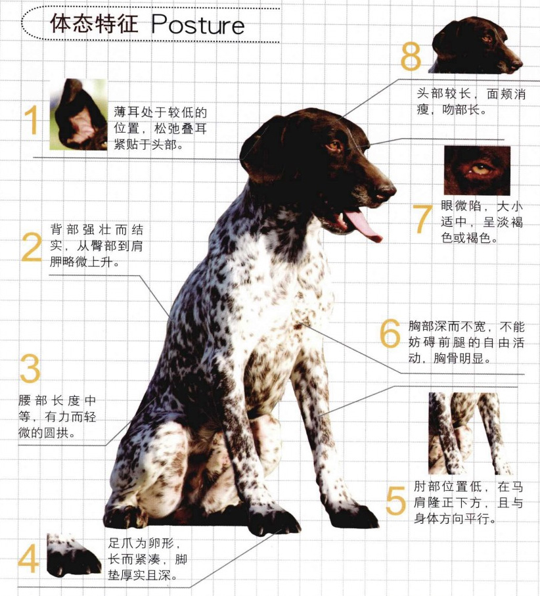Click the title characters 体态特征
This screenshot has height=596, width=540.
coord(94,24)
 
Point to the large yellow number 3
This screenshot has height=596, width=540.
coord(30,369)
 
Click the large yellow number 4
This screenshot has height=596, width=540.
coord(28,559)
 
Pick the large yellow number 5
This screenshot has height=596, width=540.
coord(396,501)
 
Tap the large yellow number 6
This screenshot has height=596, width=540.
coord(390,333)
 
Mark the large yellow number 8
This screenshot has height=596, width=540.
coord(411,56)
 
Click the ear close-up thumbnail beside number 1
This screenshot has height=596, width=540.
coord(78,114)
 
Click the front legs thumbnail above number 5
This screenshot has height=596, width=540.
coord(468,434)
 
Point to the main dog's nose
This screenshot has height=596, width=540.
coord(387,191)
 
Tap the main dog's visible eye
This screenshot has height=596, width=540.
coord(335,146)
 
